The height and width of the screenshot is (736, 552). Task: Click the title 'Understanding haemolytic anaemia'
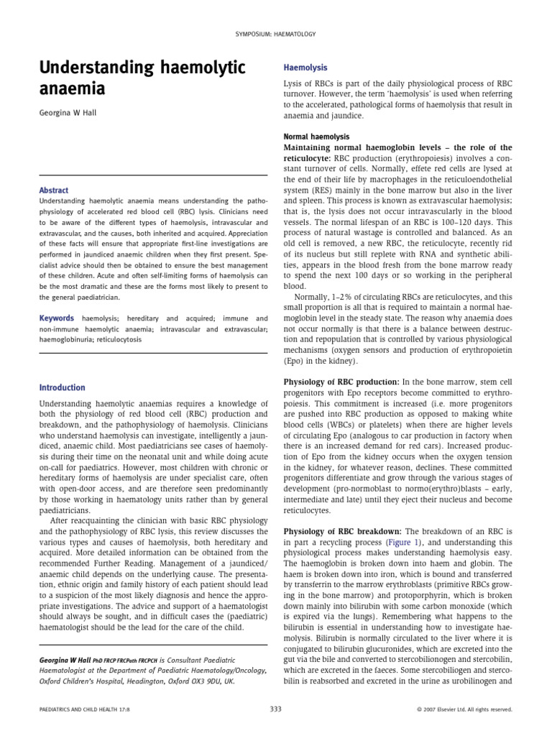pyautogui.click(x=142, y=78)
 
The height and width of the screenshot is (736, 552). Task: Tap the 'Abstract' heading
pyautogui.click(x=54, y=190)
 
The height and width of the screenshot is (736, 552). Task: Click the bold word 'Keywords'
pyautogui.click(x=57, y=318)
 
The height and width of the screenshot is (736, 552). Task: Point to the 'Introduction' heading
pyautogui.click(x=62, y=387)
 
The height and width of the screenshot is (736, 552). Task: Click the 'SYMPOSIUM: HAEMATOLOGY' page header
pyautogui.click(x=276, y=34)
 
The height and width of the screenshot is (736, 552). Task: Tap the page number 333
pyautogui.click(x=275, y=709)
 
